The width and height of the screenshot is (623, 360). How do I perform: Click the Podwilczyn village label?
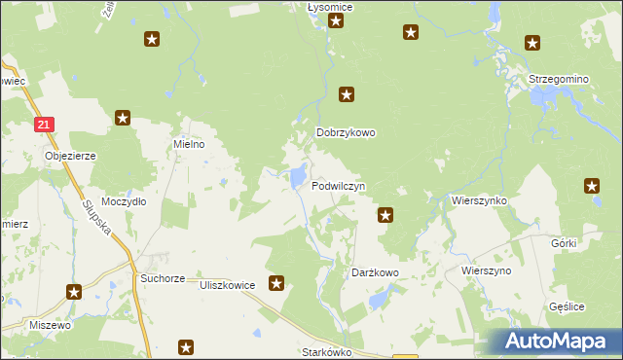click(338, 185)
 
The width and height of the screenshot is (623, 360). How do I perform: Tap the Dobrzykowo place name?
click(346, 133)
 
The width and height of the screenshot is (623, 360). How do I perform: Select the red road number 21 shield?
click(46, 125)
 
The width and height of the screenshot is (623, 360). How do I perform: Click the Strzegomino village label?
click(558, 79)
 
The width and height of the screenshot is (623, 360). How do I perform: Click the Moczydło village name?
click(124, 201)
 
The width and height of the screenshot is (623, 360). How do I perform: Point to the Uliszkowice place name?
click(227, 285)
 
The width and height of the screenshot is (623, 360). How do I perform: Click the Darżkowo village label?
click(375, 273)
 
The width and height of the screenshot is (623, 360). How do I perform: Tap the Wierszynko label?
click(479, 199)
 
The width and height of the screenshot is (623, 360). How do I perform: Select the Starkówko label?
click(326, 352)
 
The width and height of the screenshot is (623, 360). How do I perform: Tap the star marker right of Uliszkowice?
click(276, 283)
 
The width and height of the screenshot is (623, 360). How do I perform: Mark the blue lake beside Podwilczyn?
click(294, 177)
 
